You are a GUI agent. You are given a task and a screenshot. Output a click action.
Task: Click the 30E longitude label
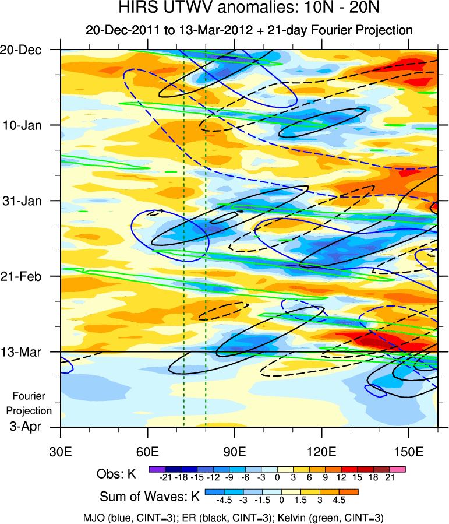[x=61, y=452]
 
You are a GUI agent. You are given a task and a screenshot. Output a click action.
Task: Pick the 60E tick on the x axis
[x=148, y=452]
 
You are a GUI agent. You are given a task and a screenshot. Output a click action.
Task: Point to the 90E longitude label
[x=235, y=452]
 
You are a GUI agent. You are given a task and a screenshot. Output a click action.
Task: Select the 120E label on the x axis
[x=322, y=452]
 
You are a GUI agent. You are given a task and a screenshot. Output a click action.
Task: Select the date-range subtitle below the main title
[x=249, y=30]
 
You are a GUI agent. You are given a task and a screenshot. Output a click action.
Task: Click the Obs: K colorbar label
[x=116, y=474]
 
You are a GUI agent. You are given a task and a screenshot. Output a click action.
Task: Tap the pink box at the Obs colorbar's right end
[x=398, y=469]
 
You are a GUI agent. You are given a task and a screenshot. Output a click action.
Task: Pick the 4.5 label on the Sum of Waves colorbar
[x=338, y=500]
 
